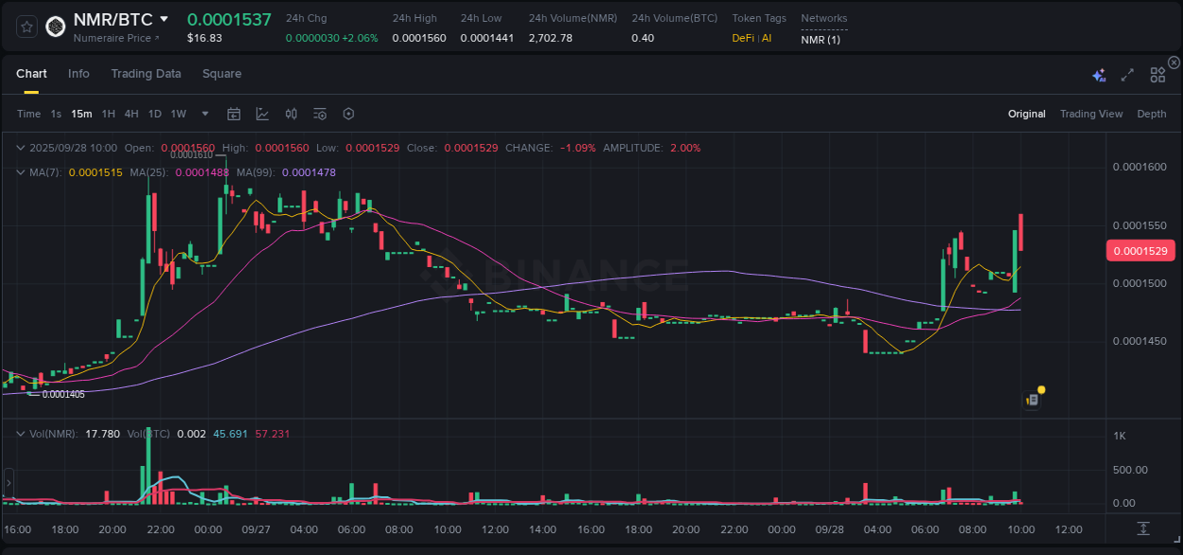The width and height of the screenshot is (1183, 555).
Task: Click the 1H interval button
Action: (x=108, y=114)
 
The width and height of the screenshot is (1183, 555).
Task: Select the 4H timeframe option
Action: (x=131, y=114)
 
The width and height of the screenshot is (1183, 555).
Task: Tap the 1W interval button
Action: (x=178, y=114)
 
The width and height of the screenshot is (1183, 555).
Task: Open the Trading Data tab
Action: (x=146, y=74)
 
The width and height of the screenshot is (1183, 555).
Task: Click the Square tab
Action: (x=221, y=74)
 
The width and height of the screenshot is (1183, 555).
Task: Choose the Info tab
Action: (x=79, y=74)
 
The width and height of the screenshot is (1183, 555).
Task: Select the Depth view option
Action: (x=1151, y=114)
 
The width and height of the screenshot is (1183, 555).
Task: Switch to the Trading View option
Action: (x=1090, y=114)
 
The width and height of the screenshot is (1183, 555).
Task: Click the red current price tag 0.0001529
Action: (x=1140, y=251)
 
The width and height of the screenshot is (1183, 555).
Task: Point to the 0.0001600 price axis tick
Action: (x=1139, y=168)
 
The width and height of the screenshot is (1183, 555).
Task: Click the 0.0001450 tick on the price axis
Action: (x=1139, y=341)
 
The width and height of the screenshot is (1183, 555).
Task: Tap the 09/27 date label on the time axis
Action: (x=256, y=529)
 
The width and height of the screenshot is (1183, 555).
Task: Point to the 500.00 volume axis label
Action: (x=1130, y=470)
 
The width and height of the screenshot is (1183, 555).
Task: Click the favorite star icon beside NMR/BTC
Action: (x=26, y=27)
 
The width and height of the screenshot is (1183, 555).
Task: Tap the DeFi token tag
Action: (x=743, y=38)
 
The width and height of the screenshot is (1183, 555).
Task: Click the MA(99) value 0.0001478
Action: (x=309, y=172)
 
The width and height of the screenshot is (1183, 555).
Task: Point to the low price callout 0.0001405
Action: (x=62, y=394)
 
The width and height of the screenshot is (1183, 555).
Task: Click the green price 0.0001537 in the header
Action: (x=229, y=19)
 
